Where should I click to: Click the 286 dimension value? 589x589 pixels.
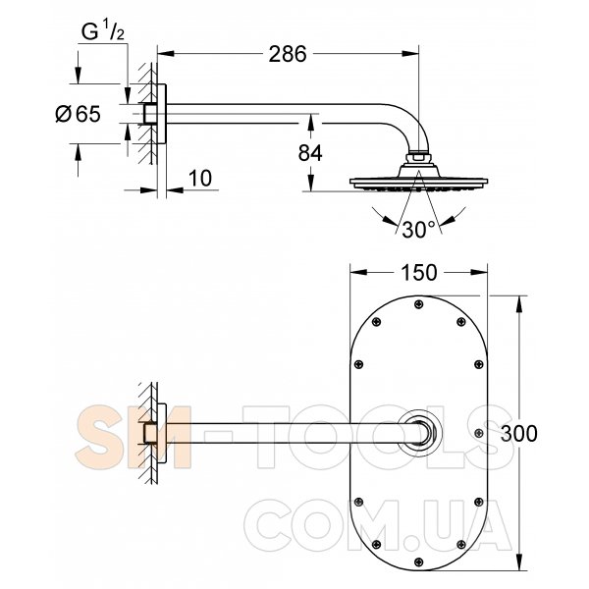(288, 54)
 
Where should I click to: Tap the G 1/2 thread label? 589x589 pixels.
(102, 32)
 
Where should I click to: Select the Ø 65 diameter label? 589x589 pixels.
(79, 114)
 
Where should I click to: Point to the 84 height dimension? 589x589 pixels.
(310, 153)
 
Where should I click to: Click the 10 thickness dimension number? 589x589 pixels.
(200, 178)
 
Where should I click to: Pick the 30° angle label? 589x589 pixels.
(418, 230)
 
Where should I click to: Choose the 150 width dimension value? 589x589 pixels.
(419, 273)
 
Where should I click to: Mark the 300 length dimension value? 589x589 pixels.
(518, 434)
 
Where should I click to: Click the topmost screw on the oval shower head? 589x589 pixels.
(418, 304)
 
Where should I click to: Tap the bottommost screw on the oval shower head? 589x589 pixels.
(418, 562)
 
